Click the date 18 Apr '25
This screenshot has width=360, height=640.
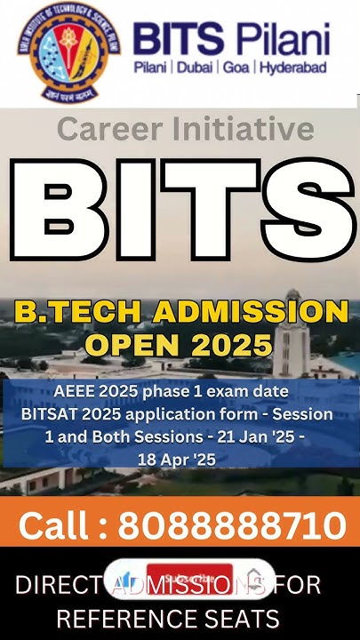point(177,460)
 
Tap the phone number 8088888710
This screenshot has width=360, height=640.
point(232,525)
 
